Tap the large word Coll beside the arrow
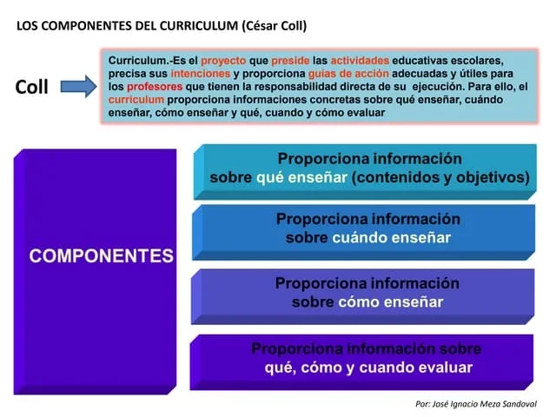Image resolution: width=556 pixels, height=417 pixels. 32,88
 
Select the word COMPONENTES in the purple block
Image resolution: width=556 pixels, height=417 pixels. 101,255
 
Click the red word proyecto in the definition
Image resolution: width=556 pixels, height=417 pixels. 223,61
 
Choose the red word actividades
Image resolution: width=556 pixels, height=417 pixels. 360,61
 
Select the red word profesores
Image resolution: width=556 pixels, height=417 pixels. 155,87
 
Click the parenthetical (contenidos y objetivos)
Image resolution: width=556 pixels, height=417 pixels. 440,177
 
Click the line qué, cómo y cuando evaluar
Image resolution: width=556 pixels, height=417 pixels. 368,367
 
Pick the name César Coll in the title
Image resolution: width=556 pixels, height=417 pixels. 275,25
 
